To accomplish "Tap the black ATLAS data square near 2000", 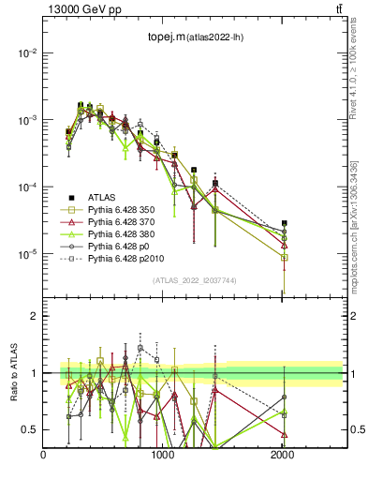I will [x=284, y=224].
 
